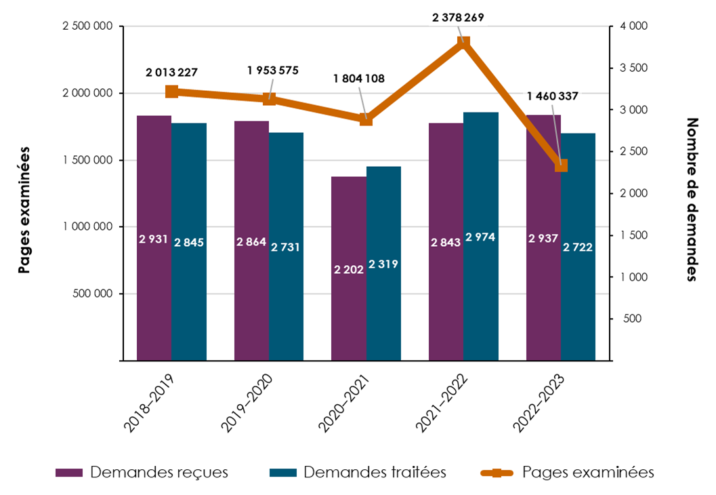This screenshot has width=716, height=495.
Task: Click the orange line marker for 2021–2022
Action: [463, 43]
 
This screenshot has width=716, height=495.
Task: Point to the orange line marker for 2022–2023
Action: [561, 165]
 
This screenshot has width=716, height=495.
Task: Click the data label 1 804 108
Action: [358, 79]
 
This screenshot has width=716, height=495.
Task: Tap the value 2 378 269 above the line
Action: [458, 18]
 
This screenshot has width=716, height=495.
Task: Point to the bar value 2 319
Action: [383, 265]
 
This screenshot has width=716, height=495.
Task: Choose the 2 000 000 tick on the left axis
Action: [89, 94]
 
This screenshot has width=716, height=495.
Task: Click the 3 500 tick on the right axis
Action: [633, 68]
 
